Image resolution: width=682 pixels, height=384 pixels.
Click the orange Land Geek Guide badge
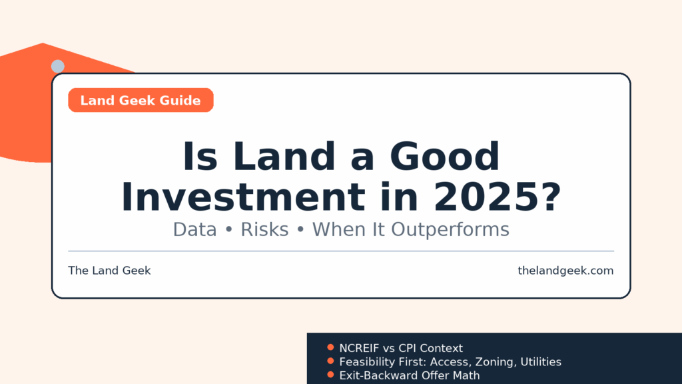[x=141, y=100]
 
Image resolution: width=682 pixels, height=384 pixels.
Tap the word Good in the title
[x=444, y=156]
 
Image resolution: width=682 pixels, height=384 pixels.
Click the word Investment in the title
[x=244, y=197]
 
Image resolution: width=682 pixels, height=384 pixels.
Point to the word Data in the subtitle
[x=195, y=229]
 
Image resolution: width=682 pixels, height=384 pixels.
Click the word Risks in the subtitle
[x=264, y=229]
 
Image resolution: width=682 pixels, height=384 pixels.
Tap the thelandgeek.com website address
[x=565, y=271]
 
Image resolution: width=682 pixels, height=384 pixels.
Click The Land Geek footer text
[x=109, y=271]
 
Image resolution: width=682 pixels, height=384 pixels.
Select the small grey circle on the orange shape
[x=58, y=66]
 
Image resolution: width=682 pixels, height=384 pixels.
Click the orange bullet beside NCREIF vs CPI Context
[x=330, y=347]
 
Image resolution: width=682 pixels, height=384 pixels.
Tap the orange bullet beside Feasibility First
[x=330, y=361]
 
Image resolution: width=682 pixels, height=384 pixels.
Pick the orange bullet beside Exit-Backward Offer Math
[x=330, y=375]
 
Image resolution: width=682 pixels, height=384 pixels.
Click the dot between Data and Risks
[x=229, y=230]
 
